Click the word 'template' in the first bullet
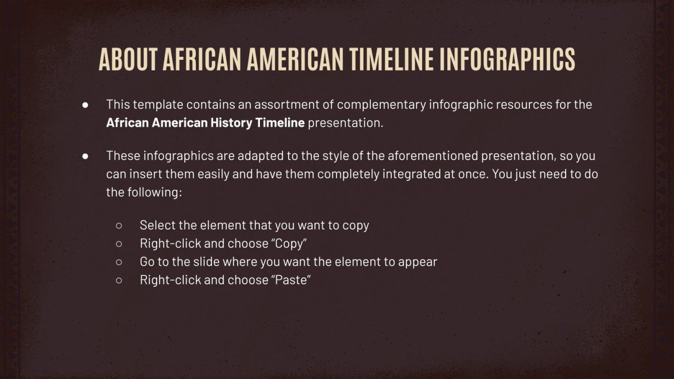pyautogui.click(x=158, y=105)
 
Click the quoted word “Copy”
pyautogui.click(x=289, y=244)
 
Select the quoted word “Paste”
pyautogui.click(x=291, y=280)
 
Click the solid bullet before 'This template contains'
pyautogui.click(x=85, y=105)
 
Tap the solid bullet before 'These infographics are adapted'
pyautogui.click(x=85, y=156)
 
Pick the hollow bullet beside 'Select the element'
pyautogui.click(x=119, y=225)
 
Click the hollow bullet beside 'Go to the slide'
pyautogui.click(x=119, y=262)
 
